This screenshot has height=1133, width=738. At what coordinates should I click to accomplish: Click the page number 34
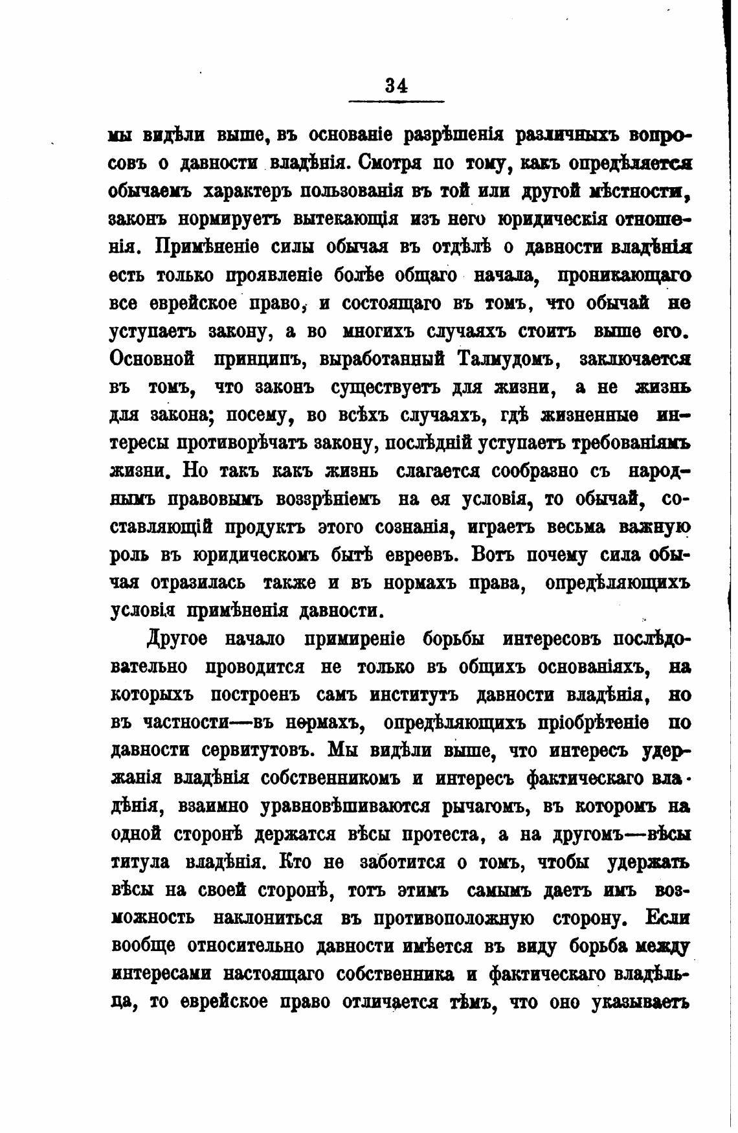pyautogui.click(x=396, y=86)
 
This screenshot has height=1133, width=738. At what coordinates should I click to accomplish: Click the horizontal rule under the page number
pyautogui.click(x=396, y=101)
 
